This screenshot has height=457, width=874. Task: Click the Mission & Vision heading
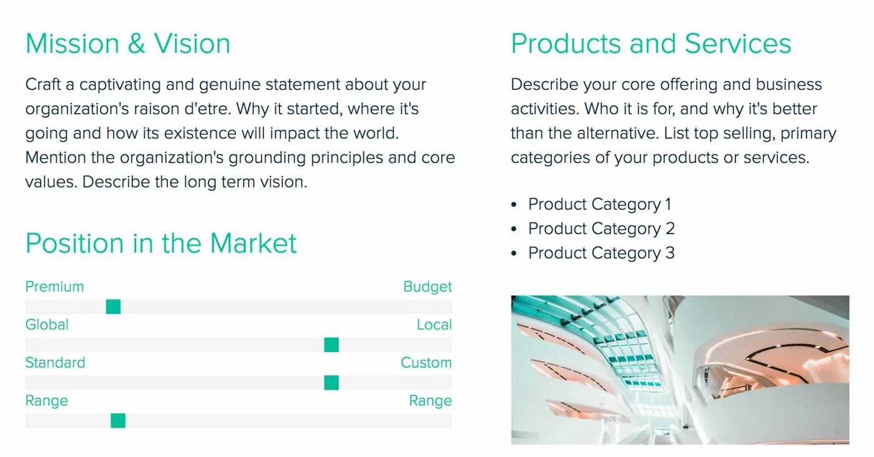[128, 44]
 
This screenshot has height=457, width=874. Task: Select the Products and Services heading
[651, 44]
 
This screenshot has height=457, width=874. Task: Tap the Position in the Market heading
[161, 243]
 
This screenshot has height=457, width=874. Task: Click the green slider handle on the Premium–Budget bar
[113, 307]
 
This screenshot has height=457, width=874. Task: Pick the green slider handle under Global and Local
[331, 345]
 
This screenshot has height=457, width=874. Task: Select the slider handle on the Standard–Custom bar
[331, 383]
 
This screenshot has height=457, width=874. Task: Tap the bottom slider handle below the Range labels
[118, 421]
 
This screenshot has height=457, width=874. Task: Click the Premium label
[54, 287]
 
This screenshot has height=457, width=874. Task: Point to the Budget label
[427, 287]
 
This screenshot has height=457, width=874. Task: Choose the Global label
[47, 325]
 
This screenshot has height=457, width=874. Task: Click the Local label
[434, 325]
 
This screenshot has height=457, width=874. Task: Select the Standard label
[55, 363]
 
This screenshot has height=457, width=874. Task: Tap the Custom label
[426, 363]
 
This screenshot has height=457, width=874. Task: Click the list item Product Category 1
[599, 204]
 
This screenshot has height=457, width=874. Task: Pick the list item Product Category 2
[601, 228]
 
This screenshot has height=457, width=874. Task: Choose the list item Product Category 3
[601, 253]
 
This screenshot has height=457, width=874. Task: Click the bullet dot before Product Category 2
[514, 229]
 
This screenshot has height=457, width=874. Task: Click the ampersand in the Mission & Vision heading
[137, 44]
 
